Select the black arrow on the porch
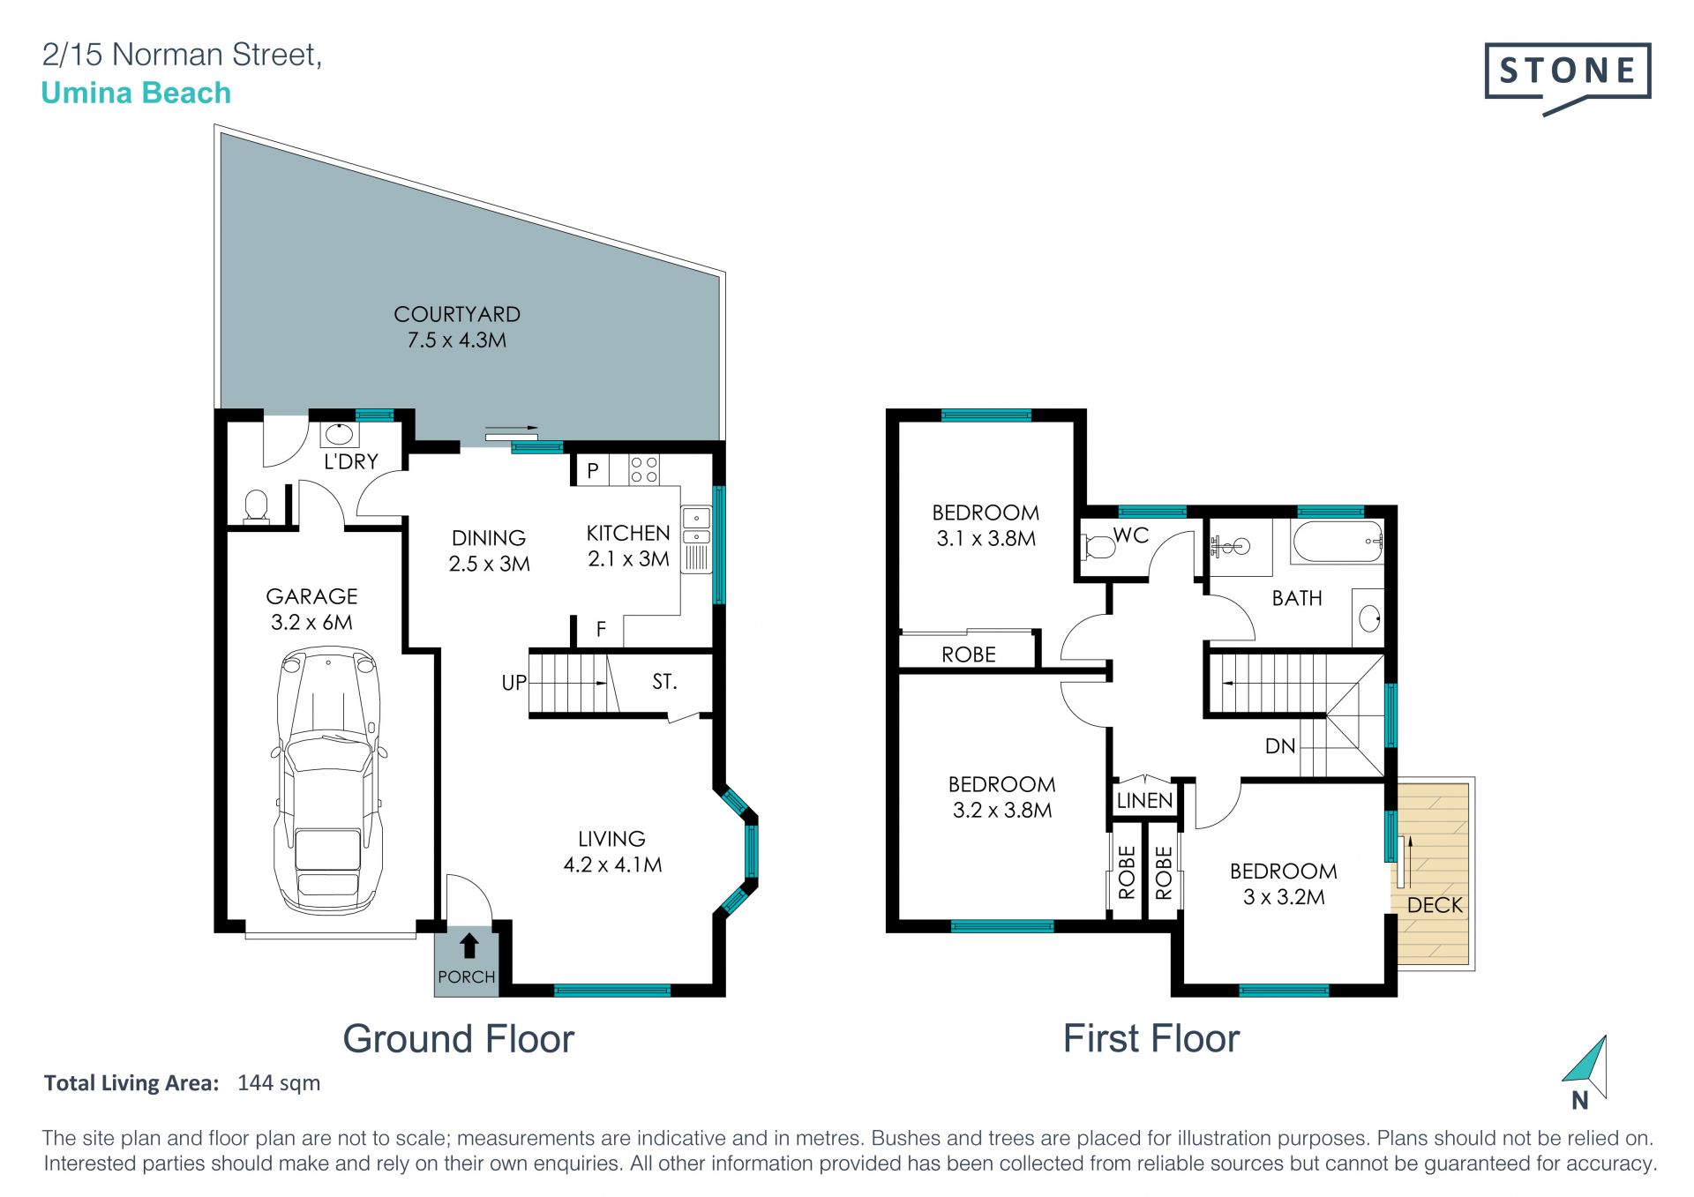[469, 946]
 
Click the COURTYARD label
[457, 314]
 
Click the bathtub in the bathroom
[1338, 542]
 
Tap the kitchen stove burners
[644, 469]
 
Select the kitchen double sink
[696, 527]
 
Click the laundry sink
[338, 434]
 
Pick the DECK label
[1435, 905]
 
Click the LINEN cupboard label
[1144, 801]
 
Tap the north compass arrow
[1586, 1068]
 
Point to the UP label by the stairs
[513, 683]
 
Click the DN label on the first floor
[1280, 746]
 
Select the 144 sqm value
[279, 1083]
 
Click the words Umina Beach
[136, 93]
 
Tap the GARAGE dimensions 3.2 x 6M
[311, 623]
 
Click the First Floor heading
[1151, 1038]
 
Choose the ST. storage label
[664, 682]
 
